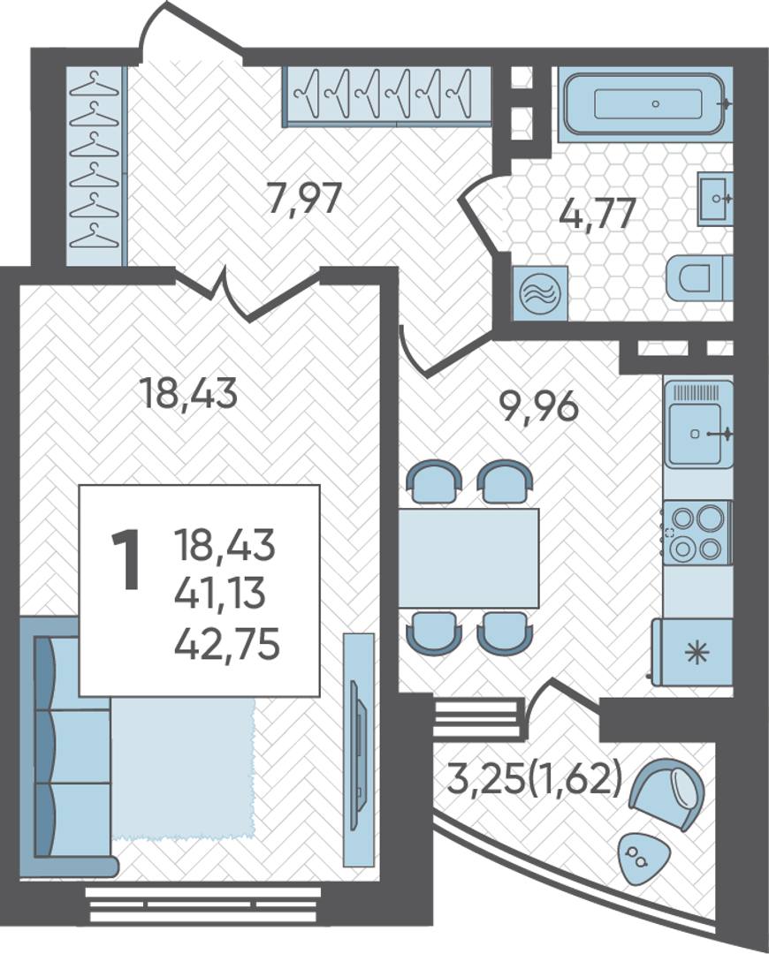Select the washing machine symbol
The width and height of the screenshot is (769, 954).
coord(539,293)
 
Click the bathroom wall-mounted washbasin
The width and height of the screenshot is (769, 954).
coord(715,198)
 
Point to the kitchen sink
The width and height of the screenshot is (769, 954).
coord(698,424)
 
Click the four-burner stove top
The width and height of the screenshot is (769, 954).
coord(697,533)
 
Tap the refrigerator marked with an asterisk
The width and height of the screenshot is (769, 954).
coord(692,652)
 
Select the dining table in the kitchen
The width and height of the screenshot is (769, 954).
coord(468,558)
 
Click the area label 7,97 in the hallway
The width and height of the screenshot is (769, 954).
coord(304,199)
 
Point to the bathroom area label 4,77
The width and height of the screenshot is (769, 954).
coord(598,213)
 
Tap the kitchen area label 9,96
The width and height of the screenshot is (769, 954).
coord(538,405)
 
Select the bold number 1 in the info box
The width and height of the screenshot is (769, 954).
coord(126,560)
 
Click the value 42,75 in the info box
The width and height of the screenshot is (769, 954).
coord(227,644)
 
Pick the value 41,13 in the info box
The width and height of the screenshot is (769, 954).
coord(220,593)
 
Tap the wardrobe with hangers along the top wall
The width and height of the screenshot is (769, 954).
coord(387,95)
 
